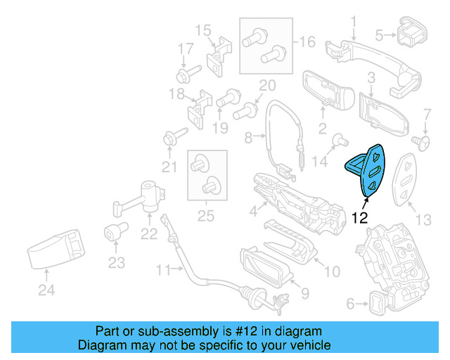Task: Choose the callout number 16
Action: [307, 42]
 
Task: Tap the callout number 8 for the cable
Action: [247, 139]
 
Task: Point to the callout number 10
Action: [330, 271]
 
